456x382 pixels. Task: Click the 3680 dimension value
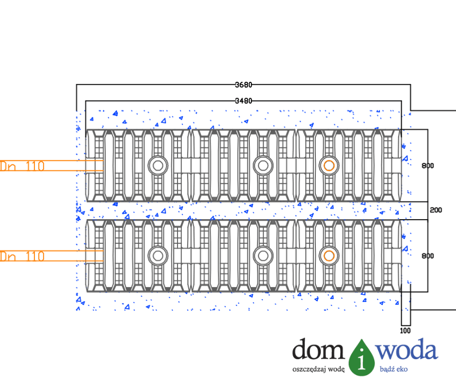click(x=244, y=85)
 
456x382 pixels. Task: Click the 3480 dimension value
click(x=244, y=101)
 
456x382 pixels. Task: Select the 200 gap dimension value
click(x=436, y=210)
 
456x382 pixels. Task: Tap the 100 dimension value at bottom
click(x=406, y=331)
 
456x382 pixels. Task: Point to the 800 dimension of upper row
click(x=427, y=166)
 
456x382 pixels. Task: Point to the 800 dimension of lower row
click(x=427, y=256)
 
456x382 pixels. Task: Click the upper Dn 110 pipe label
click(x=22, y=166)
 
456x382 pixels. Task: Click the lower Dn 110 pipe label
click(x=22, y=256)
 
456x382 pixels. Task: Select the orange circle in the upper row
click(x=329, y=165)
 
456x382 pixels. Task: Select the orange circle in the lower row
click(x=329, y=255)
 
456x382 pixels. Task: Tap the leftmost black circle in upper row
click(x=158, y=165)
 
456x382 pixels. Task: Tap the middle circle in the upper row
click(x=262, y=165)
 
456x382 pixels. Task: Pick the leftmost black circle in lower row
click(x=158, y=255)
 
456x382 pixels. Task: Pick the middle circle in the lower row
click(x=262, y=255)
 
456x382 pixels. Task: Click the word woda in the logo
click(x=408, y=350)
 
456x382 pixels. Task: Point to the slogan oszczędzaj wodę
click(x=318, y=369)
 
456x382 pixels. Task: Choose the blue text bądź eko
click(x=393, y=369)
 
